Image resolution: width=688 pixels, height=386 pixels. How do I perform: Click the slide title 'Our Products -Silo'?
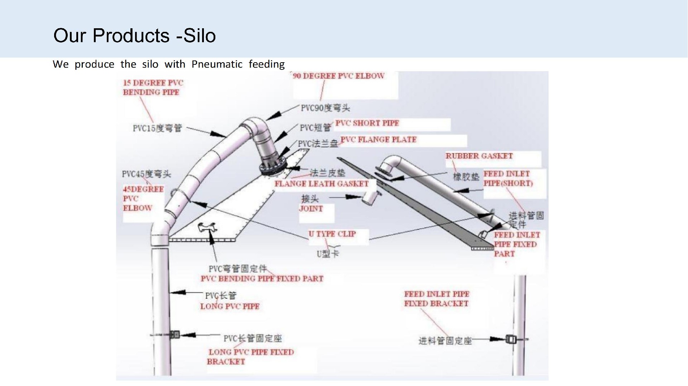pos(134,36)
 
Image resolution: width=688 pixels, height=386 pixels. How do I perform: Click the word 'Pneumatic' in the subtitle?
pos(217,64)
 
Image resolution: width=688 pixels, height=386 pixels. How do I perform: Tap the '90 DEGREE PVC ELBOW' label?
pos(338,76)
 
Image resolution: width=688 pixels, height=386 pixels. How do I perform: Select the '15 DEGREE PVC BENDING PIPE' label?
pos(153,87)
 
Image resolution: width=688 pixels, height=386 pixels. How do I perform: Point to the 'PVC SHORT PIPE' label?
pos(367,123)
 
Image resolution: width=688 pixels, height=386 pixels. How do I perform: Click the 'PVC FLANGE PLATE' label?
pos(378,140)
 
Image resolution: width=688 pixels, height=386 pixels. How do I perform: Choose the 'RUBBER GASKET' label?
pos(479,156)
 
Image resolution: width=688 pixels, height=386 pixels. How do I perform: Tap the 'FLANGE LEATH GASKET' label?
pos(321,184)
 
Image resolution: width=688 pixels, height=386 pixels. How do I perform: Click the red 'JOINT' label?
pos(311,209)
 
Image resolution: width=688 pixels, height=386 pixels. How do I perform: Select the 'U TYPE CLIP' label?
pos(332,234)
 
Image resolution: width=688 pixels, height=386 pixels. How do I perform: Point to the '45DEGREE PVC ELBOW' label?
pos(143,199)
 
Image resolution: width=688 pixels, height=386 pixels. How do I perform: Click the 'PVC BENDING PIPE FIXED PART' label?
pos(262,279)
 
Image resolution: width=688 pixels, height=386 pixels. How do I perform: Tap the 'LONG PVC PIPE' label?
pos(230,306)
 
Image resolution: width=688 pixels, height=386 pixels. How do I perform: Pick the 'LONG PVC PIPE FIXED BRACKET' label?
pos(250,357)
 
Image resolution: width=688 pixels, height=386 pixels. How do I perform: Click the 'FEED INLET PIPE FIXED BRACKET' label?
pos(436,299)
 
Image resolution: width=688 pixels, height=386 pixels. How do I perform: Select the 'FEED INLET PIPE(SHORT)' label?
pos(508,179)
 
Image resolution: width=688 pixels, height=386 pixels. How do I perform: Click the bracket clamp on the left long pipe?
pos(175,335)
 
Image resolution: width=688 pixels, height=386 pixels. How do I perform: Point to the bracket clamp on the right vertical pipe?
pos(511,339)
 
